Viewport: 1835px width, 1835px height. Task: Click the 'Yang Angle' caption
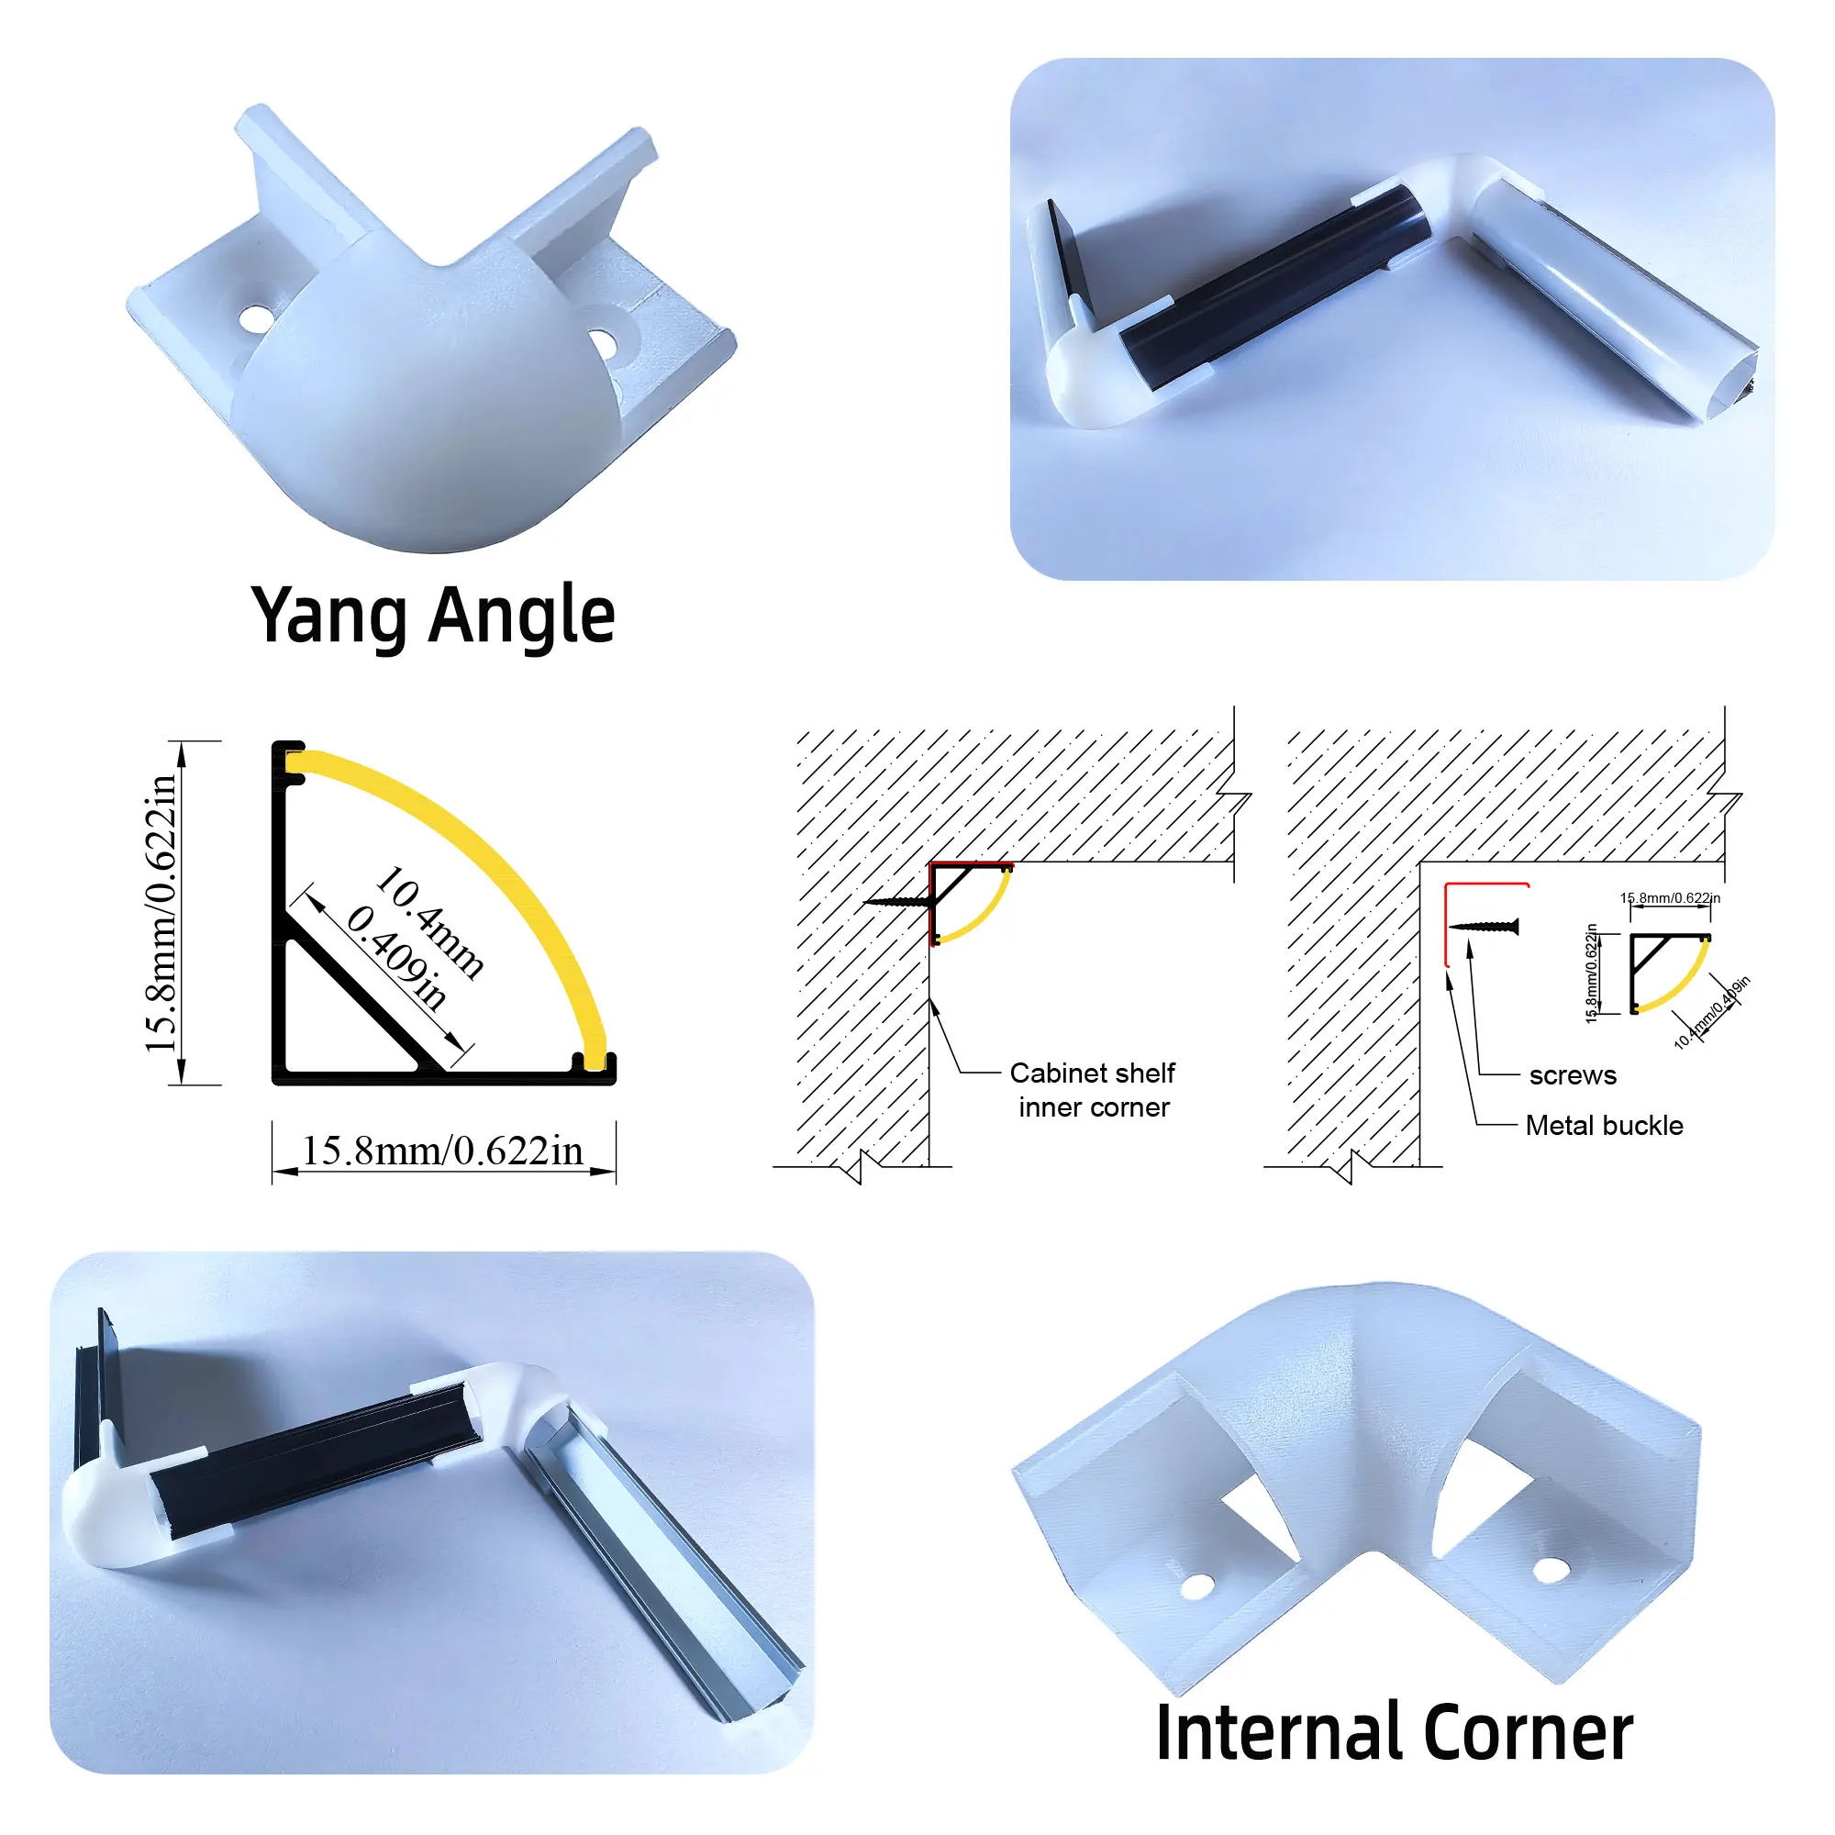[433, 616]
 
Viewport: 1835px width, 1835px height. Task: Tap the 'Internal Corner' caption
[1394, 1732]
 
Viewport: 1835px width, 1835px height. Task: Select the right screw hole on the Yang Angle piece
[602, 344]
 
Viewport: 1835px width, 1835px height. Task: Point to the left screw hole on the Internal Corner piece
[1196, 1585]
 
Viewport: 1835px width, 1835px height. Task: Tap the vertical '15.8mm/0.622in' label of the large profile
[161, 913]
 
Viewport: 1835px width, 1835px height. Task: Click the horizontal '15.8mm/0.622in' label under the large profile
[442, 1151]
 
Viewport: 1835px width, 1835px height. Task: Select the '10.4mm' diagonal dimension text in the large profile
[430, 920]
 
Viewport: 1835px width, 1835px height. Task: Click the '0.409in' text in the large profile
[396, 956]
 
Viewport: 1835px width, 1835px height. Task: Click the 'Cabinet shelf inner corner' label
[1092, 1090]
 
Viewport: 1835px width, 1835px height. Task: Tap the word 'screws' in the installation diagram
[1572, 1075]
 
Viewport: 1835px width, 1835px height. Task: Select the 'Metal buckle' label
[1603, 1126]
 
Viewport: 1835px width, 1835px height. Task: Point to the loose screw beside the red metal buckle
[1485, 926]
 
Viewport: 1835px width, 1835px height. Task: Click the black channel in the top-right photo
[1273, 286]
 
